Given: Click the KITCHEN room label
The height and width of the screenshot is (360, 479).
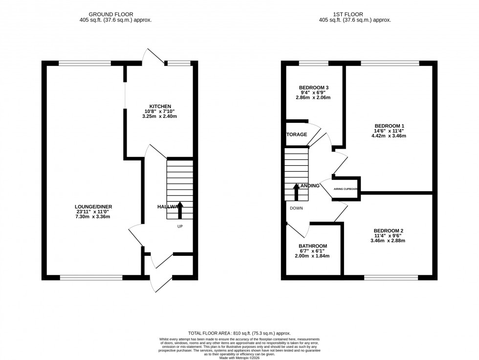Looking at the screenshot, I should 160,106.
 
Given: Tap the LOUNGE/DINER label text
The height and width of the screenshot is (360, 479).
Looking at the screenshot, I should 90,206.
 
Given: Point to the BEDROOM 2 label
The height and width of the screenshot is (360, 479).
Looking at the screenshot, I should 389,230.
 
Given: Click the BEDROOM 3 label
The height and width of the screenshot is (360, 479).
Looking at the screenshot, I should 313,88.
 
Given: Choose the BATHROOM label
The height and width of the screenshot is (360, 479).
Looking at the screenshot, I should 313,246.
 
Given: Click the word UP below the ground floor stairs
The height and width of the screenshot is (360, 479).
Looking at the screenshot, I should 180,226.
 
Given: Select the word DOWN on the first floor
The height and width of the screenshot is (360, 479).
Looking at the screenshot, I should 297,208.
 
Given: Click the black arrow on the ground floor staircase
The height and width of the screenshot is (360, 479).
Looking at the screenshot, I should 179,210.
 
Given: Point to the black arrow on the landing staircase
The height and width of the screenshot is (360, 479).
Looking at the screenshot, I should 296,191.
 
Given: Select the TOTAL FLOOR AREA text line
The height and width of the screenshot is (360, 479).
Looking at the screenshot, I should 239,333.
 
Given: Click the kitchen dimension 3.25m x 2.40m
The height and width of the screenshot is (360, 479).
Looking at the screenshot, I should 160,116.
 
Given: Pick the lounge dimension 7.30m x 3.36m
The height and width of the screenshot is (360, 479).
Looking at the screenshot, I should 90,216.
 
